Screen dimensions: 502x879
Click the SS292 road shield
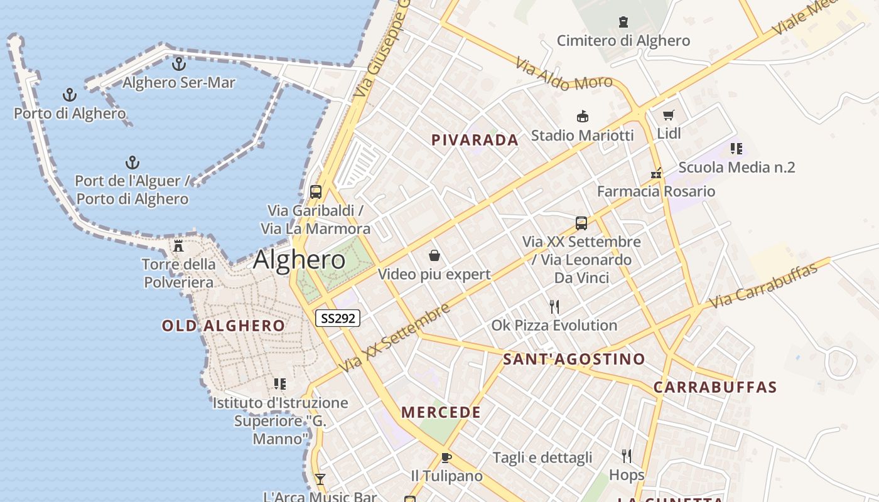pos(338,318)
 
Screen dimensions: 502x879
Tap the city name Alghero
pos(299,260)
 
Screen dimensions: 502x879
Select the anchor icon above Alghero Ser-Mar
pos(179,64)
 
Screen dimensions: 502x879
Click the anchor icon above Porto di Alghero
pos(70,95)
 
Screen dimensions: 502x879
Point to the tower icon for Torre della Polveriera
pos(178,245)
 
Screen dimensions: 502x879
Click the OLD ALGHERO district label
pos(224,326)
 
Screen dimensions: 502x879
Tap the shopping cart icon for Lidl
pos(668,115)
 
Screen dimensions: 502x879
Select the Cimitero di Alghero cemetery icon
pos(623,23)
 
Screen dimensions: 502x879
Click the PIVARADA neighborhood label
pos(475,141)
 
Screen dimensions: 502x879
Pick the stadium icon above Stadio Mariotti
pos(583,117)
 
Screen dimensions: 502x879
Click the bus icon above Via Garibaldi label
pos(316,192)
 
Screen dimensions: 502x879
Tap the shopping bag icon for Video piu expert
pos(434,255)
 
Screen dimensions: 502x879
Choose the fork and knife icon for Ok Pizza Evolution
pos(554,307)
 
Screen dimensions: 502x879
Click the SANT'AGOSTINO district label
pos(574,360)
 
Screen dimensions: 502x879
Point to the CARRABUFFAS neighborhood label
pos(715,387)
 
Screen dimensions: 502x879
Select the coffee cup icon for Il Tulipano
pos(446,457)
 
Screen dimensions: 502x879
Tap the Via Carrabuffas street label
pos(763,286)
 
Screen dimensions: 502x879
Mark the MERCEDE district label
pos(441,413)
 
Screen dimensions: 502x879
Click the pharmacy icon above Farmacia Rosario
pos(656,173)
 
